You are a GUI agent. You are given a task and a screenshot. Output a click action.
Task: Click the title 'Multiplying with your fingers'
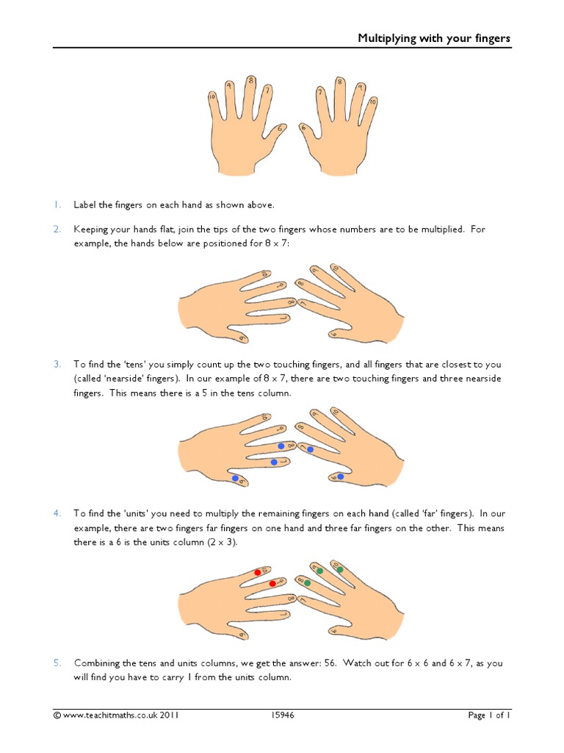pos(433,38)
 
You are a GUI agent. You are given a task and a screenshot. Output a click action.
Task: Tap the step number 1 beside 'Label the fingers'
pos(57,204)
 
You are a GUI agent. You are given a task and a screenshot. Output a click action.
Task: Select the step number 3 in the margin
pos(57,365)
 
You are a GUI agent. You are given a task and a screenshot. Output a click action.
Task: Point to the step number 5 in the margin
pos(57,663)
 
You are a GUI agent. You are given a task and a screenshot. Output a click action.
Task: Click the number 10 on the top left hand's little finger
pos(211,97)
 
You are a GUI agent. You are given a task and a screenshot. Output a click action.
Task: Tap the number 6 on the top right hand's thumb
pos(303,128)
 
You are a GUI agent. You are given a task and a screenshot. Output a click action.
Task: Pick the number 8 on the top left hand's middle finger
pos(250,80)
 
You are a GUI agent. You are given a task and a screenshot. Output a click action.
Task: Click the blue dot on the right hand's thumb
pos(340,477)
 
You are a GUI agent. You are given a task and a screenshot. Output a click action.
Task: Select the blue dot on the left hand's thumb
pos(236,478)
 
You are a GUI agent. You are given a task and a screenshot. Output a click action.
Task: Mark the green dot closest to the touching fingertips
pos(307,582)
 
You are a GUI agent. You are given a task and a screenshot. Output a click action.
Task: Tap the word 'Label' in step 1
pos(85,204)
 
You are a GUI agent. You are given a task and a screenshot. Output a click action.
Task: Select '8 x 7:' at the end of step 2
pos(277,243)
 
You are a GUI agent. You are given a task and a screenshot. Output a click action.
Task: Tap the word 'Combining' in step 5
pos(98,663)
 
